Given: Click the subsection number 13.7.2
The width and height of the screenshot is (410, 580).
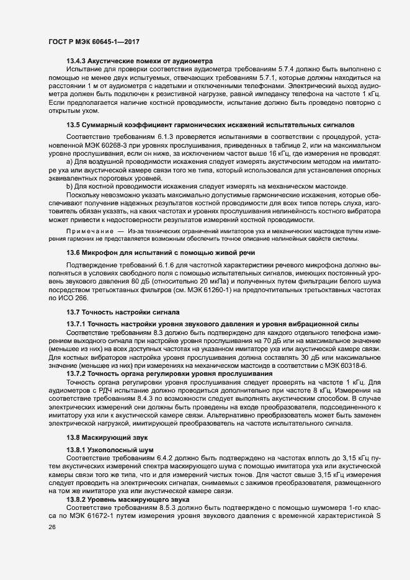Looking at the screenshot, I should tap(76, 375).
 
